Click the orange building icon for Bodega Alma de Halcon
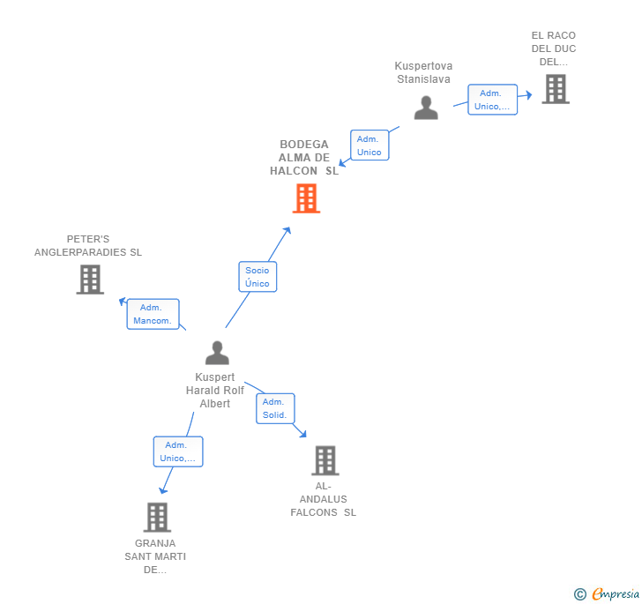pos(306,198)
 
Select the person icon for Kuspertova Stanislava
pos(426,108)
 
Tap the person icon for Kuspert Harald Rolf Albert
pos(217,353)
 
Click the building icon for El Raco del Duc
pos(555,89)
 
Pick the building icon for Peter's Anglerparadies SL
pos(90,280)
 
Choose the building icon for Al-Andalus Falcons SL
pos(325,460)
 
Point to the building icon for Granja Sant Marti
pos(157,518)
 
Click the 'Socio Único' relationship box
pos(258,277)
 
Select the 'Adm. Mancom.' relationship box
pos(153,314)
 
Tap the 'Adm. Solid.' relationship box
pos(274,408)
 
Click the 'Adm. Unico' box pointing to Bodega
pos(369,145)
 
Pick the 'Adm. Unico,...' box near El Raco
pos(492,100)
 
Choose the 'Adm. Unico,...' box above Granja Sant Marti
pos(178,451)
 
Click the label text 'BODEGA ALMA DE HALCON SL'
pos(304,158)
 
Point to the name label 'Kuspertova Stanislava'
pos(423,72)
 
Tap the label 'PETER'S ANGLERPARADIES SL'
pos(88,246)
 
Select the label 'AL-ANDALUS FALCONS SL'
pos(324,499)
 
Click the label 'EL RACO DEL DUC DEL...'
pos(554,48)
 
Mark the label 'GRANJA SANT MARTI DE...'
pos(155,556)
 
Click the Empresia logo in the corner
pos(607,594)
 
